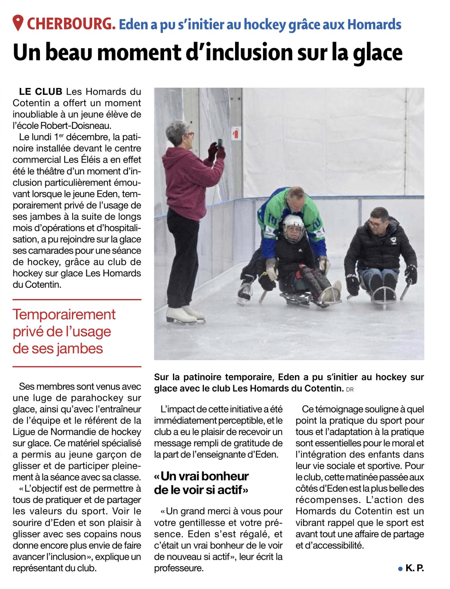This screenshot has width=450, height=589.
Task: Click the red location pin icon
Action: click(x=18, y=23)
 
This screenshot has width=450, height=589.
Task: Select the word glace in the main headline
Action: click(x=377, y=53)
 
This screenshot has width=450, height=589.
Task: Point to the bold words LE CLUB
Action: click(x=41, y=92)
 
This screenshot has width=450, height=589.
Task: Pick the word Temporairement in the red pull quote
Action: click(x=64, y=315)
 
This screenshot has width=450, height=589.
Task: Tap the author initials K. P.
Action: click(x=415, y=568)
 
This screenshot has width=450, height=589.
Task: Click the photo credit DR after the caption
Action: click(x=350, y=390)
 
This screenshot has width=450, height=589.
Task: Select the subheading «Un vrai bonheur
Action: click(x=201, y=476)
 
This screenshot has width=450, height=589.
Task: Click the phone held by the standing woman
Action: click(x=220, y=143)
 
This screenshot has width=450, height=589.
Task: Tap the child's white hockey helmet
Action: click(x=293, y=223)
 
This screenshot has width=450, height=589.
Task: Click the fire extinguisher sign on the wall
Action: click(x=236, y=132)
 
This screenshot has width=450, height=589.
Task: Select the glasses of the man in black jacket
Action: click(x=374, y=224)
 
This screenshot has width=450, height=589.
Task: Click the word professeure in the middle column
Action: click(x=179, y=568)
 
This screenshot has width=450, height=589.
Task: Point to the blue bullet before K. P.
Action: click(x=400, y=569)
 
